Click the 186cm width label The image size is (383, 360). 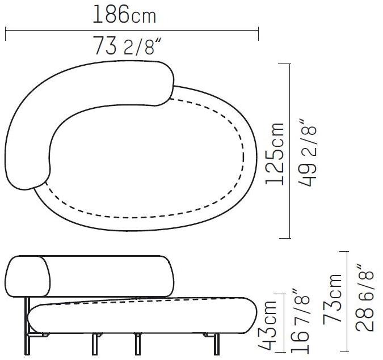click(x=124, y=14)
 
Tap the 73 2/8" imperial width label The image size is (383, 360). click(x=128, y=46)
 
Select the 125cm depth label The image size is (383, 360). click(x=275, y=154)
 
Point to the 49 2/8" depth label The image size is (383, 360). click(x=308, y=153)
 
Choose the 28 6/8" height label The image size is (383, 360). click(x=364, y=297)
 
